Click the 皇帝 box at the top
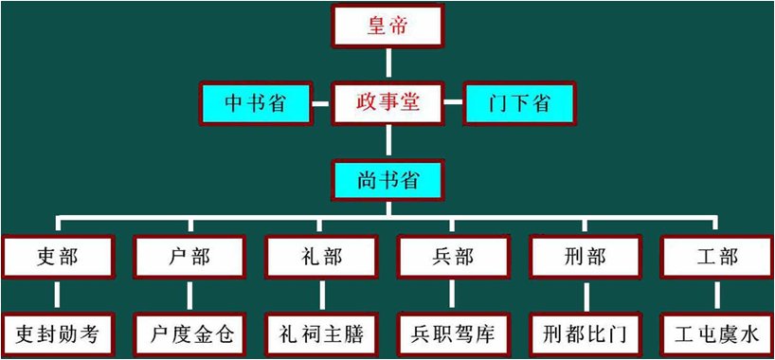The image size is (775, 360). (387, 26)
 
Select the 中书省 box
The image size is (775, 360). (255, 102)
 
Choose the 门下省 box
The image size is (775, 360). (520, 102)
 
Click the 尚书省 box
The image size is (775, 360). (387, 177)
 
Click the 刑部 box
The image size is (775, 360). (585, 256)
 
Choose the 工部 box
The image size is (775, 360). (717, 256)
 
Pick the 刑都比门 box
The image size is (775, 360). (585, 334)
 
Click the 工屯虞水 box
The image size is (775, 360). (717, 334)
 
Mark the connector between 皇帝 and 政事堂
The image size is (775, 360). (387, 63)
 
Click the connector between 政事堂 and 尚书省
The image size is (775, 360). (387, 139)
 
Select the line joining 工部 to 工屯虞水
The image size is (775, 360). (717, 295)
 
